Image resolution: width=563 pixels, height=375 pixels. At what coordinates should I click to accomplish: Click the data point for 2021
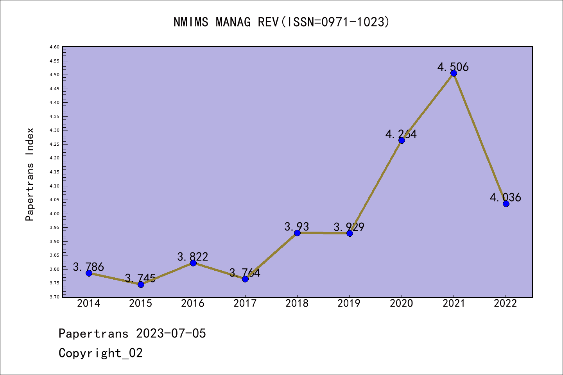click(454, 73)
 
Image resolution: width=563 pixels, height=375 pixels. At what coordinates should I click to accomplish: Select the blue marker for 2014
click(89, 273)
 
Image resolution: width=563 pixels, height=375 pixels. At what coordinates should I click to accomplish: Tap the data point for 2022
click(506, 204)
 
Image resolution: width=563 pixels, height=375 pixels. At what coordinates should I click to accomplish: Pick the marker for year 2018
click(297, 233)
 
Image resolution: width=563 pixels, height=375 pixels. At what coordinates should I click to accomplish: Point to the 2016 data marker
click(193, 263)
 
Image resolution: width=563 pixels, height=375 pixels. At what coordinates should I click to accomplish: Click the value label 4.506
click(453, 67)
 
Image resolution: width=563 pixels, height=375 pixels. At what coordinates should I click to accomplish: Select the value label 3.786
click(88, 267)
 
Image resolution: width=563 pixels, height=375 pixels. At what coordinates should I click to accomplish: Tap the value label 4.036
click(505, 197)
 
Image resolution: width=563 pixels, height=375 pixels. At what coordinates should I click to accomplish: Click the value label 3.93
click(296, 227)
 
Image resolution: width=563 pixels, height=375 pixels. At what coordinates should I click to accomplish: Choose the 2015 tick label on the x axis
click(141, 303)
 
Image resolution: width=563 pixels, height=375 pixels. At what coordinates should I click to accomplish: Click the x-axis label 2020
click(402, 303)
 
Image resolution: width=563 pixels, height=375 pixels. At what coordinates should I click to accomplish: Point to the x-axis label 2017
click(245, 303)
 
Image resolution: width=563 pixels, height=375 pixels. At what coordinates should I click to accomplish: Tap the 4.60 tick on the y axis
click(54, 47)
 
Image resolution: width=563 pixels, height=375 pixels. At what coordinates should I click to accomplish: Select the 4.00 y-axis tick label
click(54, 214)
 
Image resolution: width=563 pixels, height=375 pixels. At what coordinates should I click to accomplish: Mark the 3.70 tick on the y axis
click(54, 297)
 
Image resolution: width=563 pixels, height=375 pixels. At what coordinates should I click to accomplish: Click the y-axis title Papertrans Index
click(30, 174)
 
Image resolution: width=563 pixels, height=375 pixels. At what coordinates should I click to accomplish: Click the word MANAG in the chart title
click(233, 22)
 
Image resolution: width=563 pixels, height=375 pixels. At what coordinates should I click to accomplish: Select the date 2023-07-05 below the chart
click(171, 333)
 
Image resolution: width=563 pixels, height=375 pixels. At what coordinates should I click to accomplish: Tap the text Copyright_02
click(100, 353)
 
